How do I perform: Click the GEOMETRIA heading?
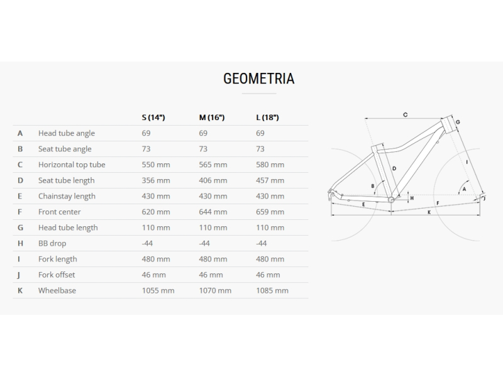(x=259, y=79)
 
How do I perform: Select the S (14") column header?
(x=153, y=117)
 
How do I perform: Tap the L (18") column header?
(x=268, y=117)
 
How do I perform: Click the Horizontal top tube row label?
(x=72, y=165)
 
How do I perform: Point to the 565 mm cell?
(x=213, y=165)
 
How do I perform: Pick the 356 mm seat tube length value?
(x=156, y=180)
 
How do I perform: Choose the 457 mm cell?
(x=270, y=180)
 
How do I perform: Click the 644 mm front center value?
(x=213, y=212)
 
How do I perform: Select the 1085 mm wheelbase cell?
(x=272, y=290)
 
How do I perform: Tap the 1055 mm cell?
(x=158, y=290)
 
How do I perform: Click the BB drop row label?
(x=52, y=243)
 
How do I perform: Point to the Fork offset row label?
(x=57, y=275)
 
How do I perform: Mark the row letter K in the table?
(x=20, y=290)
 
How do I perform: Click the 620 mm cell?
(x=156, y=212)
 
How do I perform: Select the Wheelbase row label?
(x=57, y=290)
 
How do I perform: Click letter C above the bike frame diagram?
(x=406, y=115)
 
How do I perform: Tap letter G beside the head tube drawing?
(x=458, y=122)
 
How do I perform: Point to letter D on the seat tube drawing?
(x=394, y=168)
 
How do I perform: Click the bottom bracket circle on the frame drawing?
(x=391, y=200)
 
